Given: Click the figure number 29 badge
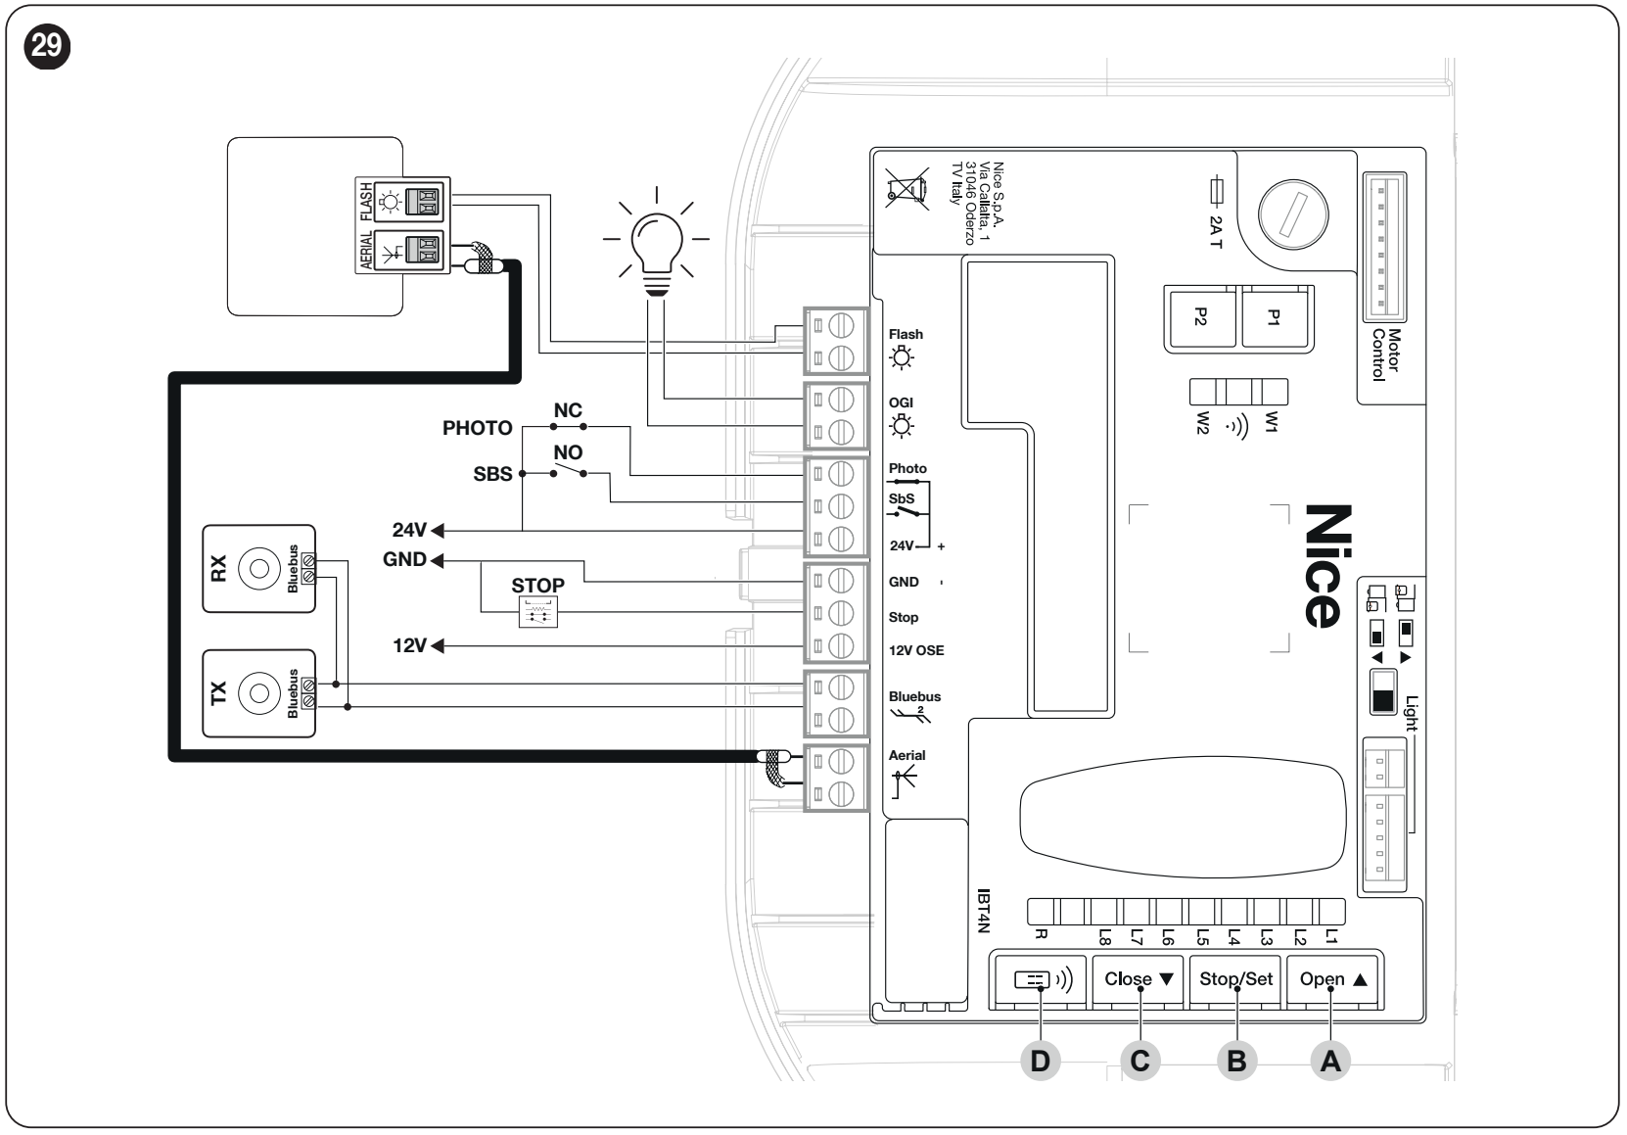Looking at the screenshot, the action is pos(47,46).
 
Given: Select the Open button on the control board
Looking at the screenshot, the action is pos(1333,980).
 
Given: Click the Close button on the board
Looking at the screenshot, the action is pos(1139,980).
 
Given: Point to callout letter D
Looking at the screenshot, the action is pos(1040,1062).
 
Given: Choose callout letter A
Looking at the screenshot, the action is pos(1330,1062).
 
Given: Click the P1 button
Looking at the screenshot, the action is pos(1274,317).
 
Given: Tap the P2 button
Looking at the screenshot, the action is pos(1201,317).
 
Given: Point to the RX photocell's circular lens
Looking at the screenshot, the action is pos(259,569).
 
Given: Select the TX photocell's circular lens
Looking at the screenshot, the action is pos(259,693).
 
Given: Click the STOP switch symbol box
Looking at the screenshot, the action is pos(538,612).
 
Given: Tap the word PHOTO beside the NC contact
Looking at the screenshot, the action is pos(477,428).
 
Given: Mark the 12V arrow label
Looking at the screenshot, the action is pos(418,645).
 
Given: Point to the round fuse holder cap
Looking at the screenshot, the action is pos(1293,214).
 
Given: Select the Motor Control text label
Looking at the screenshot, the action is pos(1386,355).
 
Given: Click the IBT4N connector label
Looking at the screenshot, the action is pos(983,911).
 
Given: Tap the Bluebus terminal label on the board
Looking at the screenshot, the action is pos(914,696).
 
